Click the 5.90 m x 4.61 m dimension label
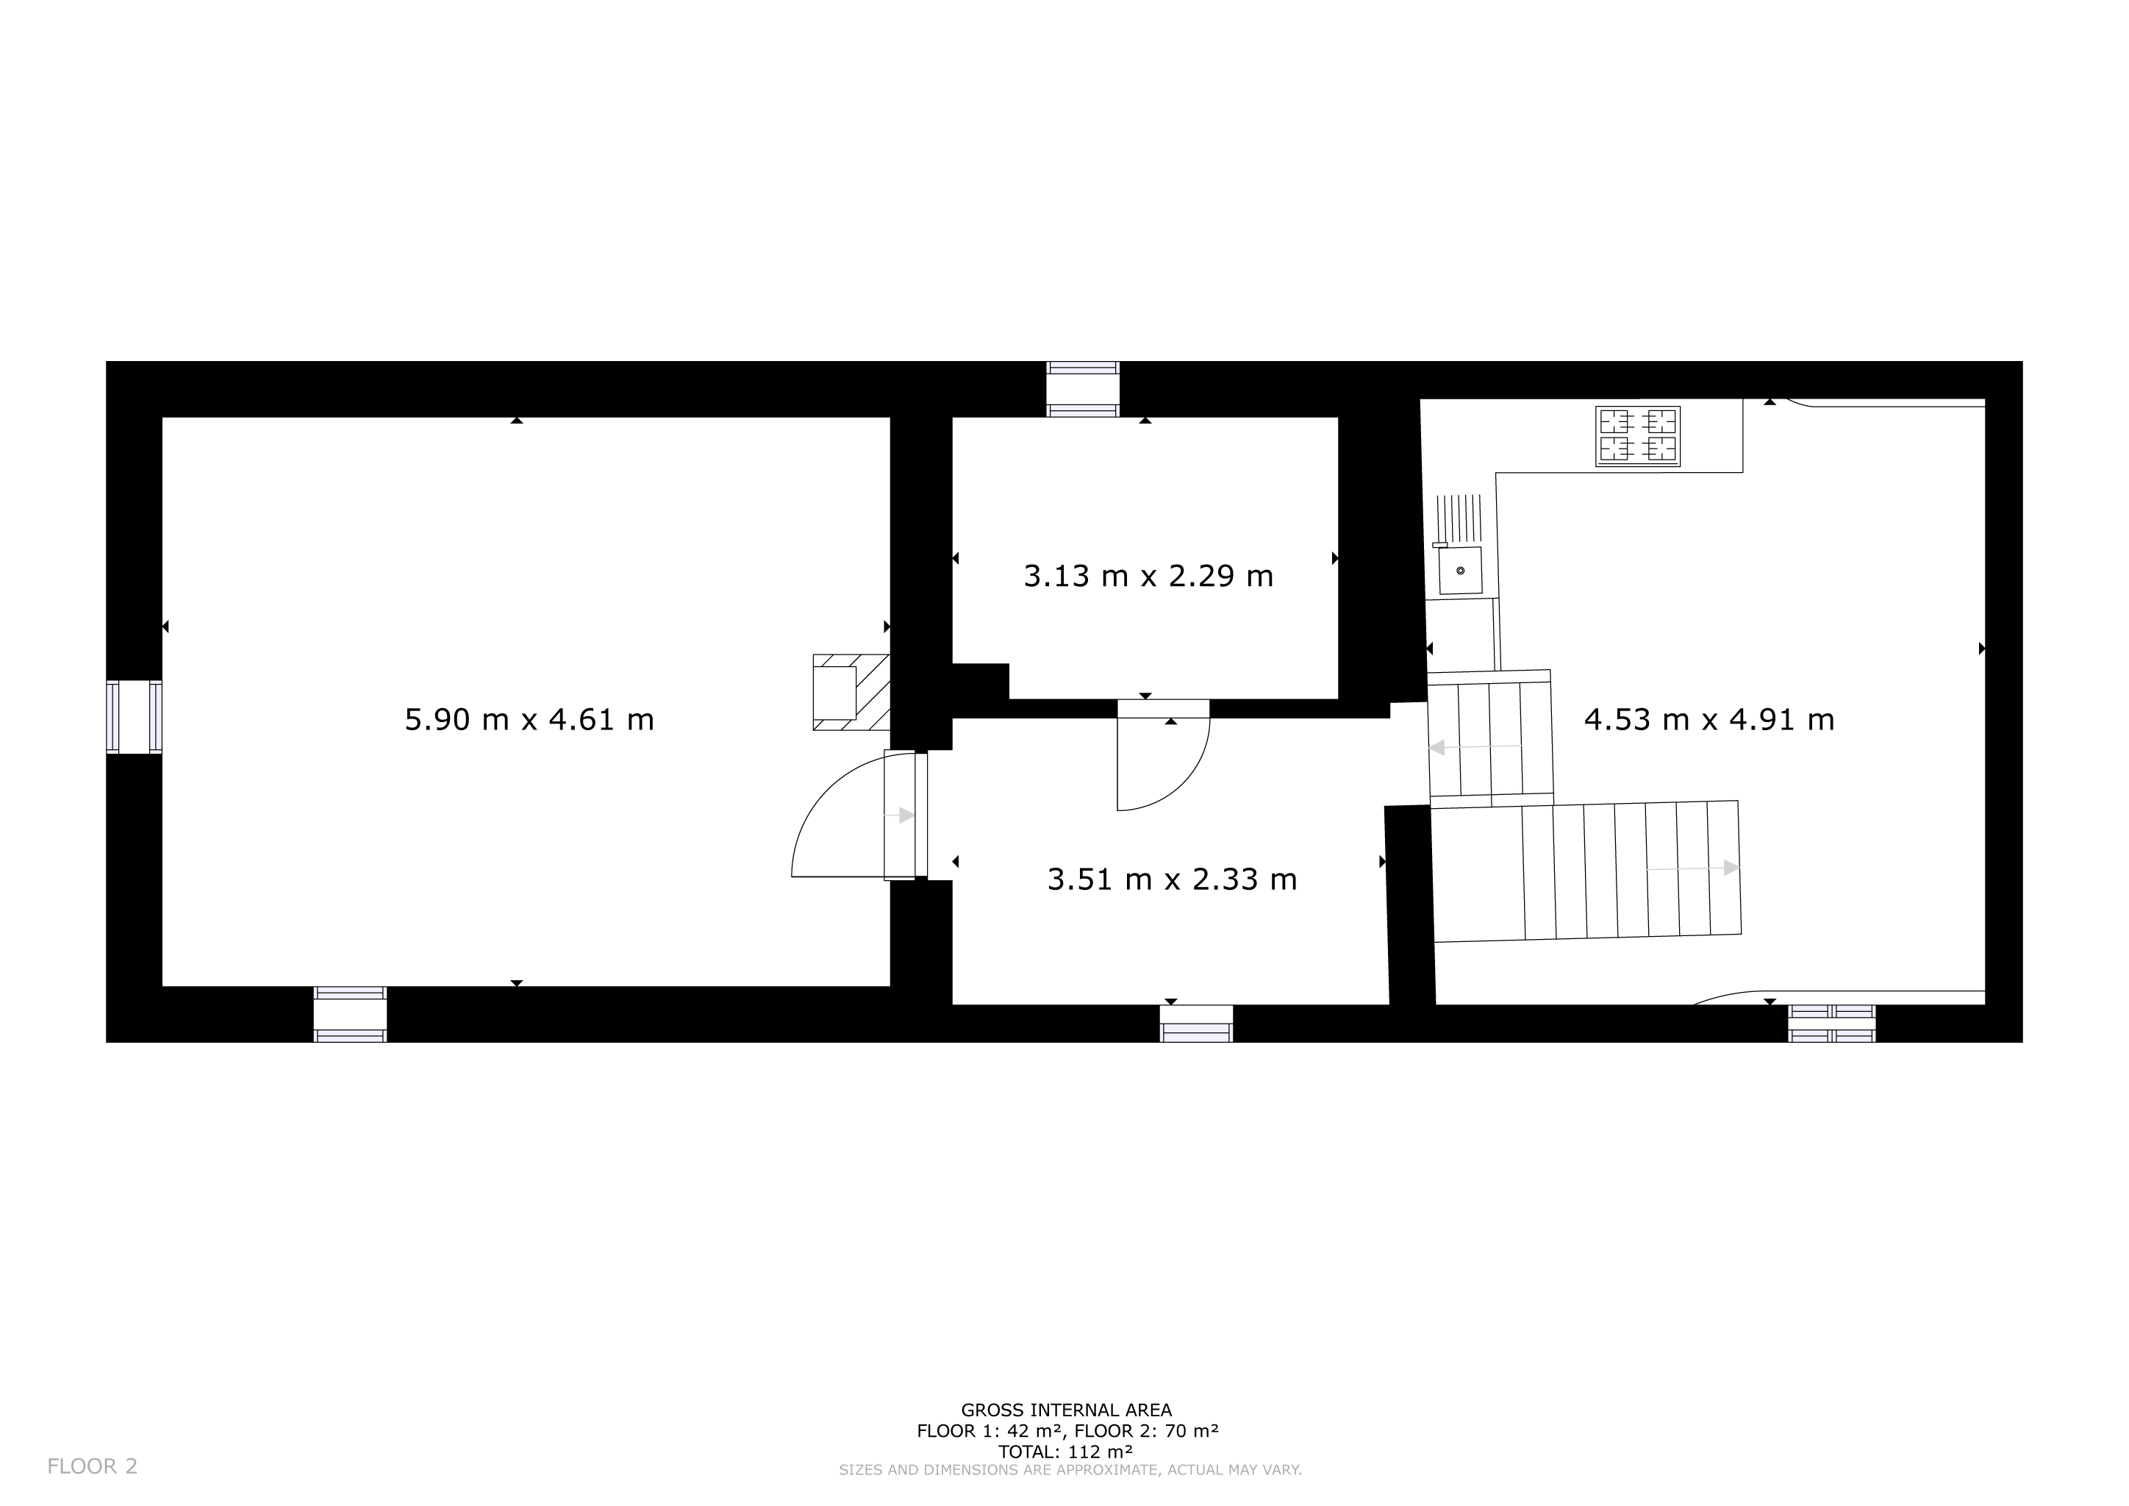pos(529,720)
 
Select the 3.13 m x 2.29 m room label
pos(1148,576)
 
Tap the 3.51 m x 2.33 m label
pos(1172,879)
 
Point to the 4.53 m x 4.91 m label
pos(1709,720)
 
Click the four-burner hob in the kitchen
pos(1637,436)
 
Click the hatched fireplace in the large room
pos(851,692)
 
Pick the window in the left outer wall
pos(135,717)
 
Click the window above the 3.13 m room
pos(1083,390)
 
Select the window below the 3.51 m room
pos(1196,1023)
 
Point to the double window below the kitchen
pos(1831,1023)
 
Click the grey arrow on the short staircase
pos(1475,747)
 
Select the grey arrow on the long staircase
pos(1692,868)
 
